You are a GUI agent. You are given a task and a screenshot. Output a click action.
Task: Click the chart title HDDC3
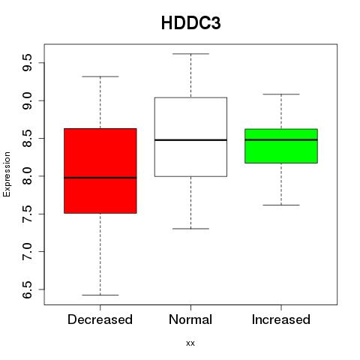(191, 23)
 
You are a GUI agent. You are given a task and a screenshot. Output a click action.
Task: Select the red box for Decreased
(100, 171)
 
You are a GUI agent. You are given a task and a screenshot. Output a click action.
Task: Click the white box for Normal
(190, 137)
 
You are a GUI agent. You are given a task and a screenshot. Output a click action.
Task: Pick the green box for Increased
(281, 146)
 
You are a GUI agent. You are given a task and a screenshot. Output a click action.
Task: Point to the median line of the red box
(100, 178)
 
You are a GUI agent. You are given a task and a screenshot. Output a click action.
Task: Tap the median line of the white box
(190, 140)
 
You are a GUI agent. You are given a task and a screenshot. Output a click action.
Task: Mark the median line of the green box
(281, 139)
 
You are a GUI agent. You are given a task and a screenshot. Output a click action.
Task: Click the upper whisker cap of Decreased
(100, 76)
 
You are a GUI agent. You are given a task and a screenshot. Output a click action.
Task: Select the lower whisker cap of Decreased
(100, 295)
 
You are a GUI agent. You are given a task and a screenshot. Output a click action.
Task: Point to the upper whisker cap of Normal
(190, 54)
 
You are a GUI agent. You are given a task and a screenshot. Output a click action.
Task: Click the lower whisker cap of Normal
(190, 229)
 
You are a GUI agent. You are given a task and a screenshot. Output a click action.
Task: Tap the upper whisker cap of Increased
(281, 94)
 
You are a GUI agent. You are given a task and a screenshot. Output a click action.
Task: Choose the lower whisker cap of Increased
(281, 205)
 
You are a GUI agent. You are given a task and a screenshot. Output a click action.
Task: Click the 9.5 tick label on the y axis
(27, 63)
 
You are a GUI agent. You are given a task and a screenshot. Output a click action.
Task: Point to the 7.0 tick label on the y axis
(27, 251)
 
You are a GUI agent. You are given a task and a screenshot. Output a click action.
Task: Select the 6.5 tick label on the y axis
(27, 289)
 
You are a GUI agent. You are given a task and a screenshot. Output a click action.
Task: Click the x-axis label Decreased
(100, 319)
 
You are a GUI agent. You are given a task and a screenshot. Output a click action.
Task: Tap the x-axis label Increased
(281, 319)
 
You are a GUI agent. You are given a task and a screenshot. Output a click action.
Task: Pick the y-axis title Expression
(7, 174)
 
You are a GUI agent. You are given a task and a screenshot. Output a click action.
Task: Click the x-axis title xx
(190, 343)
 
